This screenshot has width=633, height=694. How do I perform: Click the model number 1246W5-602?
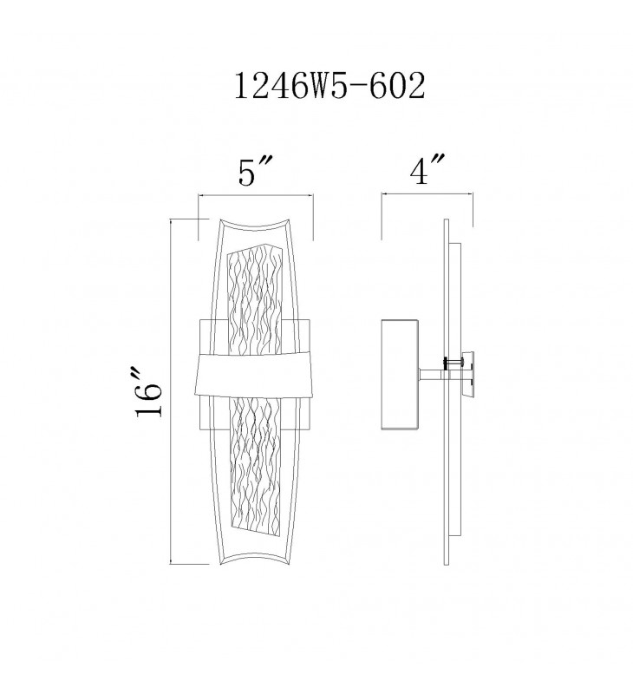330,86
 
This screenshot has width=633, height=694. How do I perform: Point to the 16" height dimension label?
149,391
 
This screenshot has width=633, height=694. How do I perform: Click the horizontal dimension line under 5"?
256,194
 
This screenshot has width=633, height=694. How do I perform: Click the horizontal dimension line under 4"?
427,193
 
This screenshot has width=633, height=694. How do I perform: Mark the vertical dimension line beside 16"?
170,391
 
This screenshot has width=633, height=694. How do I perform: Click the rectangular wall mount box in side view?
401,375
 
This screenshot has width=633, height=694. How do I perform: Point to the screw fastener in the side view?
454,363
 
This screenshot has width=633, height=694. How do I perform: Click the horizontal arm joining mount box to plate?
432,375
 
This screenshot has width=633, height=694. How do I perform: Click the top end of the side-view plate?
447,219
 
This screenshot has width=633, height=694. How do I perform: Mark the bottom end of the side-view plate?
447,564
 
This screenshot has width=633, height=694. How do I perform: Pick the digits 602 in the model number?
397,86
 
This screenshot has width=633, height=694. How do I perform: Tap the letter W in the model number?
312,86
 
